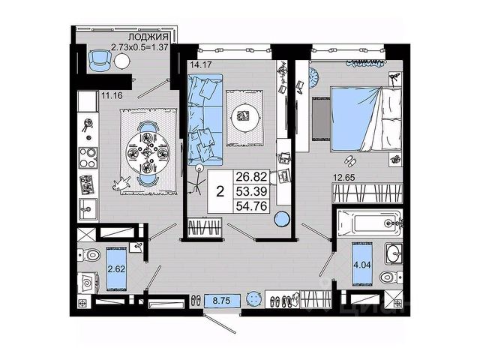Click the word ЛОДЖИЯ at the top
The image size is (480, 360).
tap(147, 37)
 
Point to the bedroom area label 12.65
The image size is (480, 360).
tap(346, 177)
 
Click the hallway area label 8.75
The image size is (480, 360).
tap(222, 300)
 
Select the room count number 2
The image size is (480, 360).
tap(219, 190)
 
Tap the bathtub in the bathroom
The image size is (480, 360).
tap(367, 223)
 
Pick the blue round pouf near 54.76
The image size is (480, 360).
tap(281, 220)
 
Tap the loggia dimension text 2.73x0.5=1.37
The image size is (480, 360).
tap(143, 47)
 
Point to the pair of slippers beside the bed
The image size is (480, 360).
tap(349, 160)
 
